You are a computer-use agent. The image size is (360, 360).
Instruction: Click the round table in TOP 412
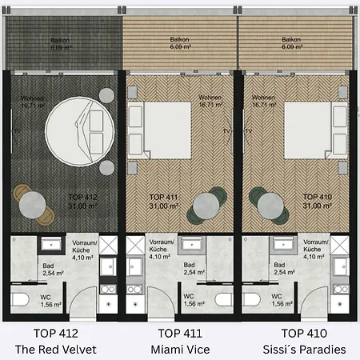coord(32,205)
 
